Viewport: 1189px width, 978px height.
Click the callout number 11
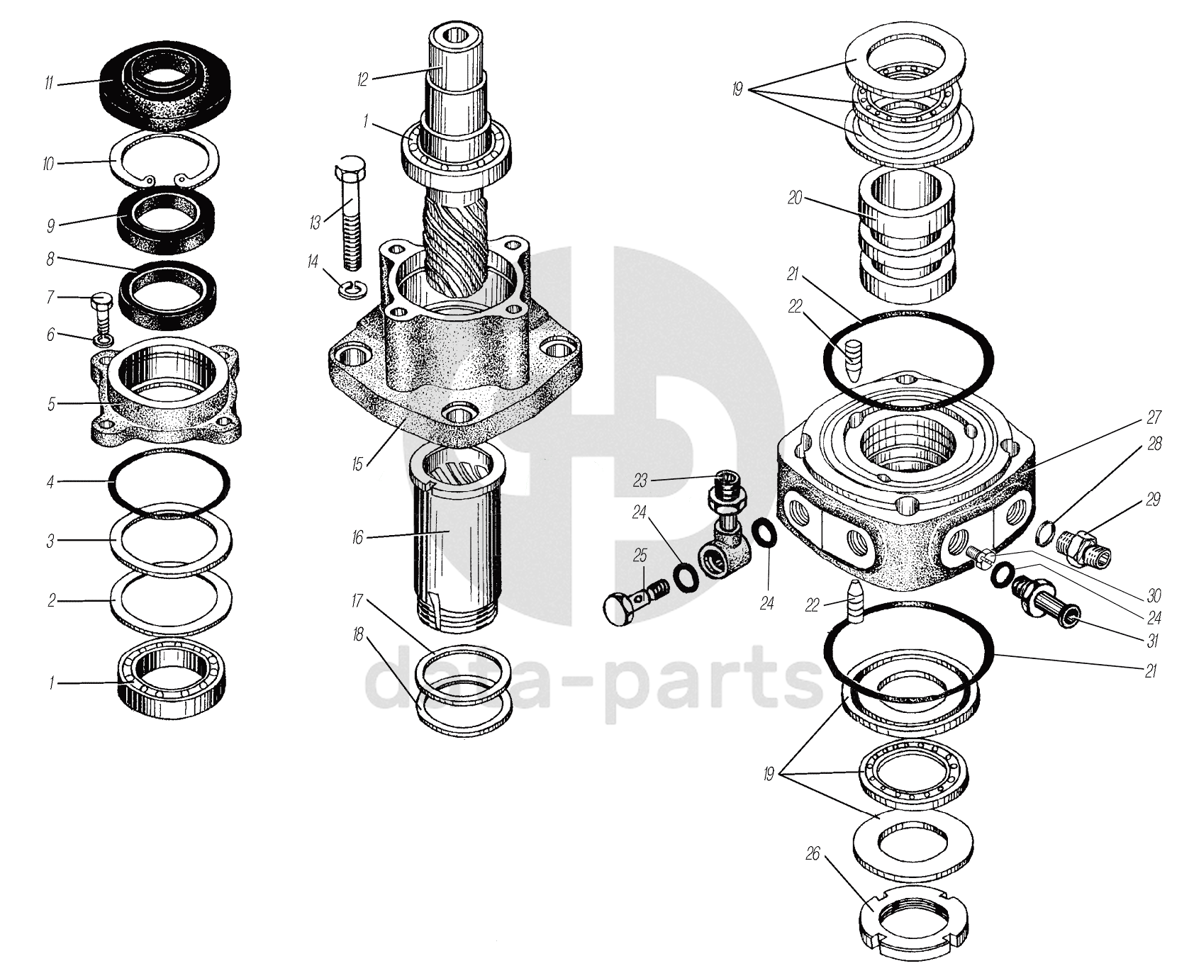pos(48,84)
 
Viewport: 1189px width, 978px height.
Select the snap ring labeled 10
pos(164,162)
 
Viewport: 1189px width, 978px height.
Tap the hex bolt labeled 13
pos(350,212)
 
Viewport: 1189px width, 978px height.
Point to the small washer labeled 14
pos(351,289)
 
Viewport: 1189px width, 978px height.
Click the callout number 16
pos(357,538)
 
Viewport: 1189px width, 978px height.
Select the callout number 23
pos(641,481)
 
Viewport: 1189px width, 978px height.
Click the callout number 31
pos(1154,640)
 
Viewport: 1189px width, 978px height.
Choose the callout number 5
pos(51,405)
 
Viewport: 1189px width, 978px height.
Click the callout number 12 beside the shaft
pos(363,79)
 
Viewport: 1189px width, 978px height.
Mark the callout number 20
pos(795,198)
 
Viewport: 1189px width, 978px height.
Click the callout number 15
pos(357,464)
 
